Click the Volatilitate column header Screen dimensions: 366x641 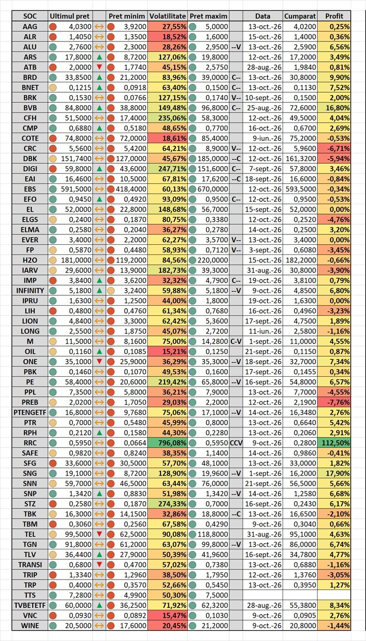point(167,16)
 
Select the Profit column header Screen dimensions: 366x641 point(334,16)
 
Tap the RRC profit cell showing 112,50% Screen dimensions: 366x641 point(334,443)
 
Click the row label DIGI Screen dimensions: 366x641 point(30,169)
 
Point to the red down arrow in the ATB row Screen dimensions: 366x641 point(100,67)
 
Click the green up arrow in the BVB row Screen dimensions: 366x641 point(100,108)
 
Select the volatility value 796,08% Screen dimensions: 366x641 point(172,443)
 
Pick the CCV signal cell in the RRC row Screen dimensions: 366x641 point(236,443)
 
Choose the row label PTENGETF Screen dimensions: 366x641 point(30,412)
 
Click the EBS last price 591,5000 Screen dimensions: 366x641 point(76,189)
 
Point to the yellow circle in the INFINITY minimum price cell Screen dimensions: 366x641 point(111,291)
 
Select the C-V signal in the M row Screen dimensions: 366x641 point(236,341)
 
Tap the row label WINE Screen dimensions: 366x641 point(30,626)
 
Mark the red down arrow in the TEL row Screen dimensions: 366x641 point(100,534)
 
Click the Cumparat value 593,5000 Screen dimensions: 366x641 point(301,189)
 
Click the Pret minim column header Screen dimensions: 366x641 point(127,16)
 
